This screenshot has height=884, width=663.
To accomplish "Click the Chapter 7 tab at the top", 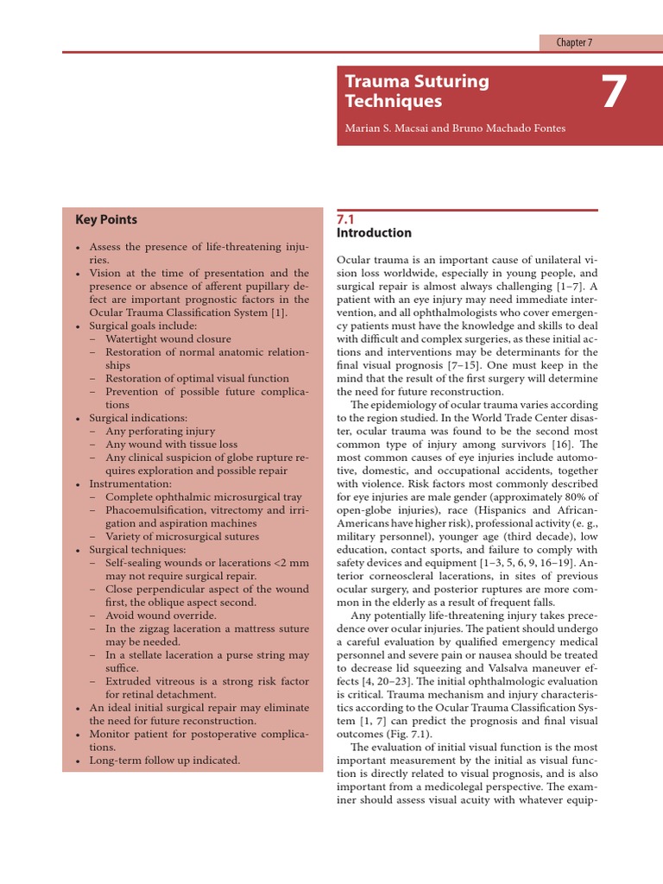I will [x=574, y=42].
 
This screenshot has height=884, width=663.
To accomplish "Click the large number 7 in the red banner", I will [x=613, y=92].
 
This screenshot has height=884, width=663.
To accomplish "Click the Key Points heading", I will [x=106, y=219].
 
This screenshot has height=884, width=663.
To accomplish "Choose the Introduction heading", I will [x=373, y=233].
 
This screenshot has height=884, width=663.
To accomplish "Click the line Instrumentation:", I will [x=130, y=484].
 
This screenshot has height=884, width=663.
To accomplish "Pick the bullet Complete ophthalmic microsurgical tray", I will [x=204, y=497].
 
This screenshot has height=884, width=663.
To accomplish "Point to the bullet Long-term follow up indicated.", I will [x=165, y=761].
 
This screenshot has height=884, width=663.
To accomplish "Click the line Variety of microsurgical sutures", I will [x=184, y=536].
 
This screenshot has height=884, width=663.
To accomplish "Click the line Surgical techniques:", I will [x=137, y=550].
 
